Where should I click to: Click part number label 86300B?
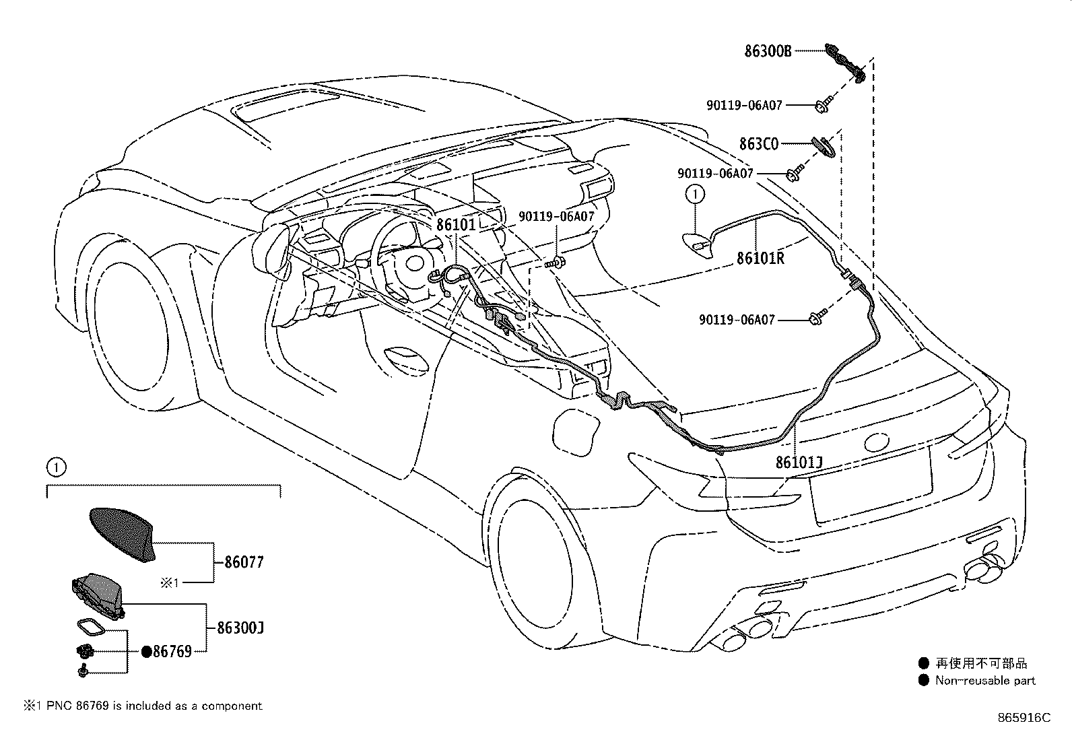(x=768, y=51)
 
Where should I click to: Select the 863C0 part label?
(x=758, y=143)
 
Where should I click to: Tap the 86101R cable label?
(x=760, y=258)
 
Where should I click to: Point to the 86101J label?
(x=799, y=463)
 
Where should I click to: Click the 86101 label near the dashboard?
(x=456, y=224)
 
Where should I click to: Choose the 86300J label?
(x=240, y=628)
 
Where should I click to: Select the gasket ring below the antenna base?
(x=91, y=628)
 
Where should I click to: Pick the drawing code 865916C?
(x=1024, y=718)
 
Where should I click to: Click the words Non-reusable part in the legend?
(x=985, y=681)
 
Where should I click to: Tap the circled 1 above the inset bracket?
(x=57, y=465)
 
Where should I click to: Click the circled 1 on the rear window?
(x=694, y=195)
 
